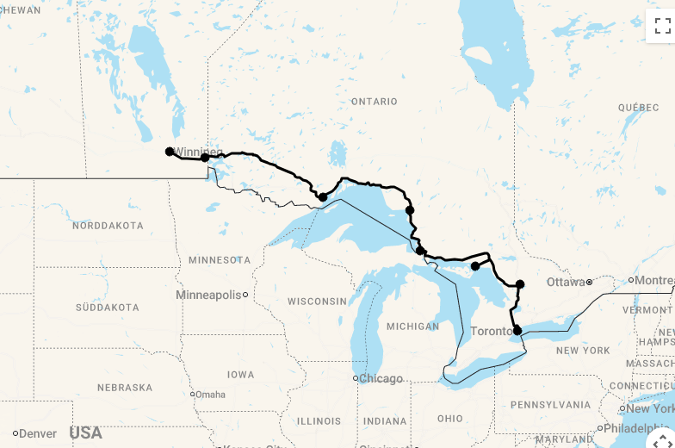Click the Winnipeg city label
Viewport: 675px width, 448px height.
coord(197,152)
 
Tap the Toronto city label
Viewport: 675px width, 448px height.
coord(492,332)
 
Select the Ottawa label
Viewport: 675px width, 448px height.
coord(565,282)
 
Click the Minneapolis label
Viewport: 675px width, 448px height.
coord(208,295)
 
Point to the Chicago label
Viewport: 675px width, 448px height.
coord(380,378)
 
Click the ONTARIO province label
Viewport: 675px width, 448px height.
coord(374,102)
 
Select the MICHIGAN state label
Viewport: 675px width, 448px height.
coord(412,327)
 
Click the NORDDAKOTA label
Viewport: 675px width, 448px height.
coord(108,226)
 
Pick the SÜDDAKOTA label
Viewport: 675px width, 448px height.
coord(107,308)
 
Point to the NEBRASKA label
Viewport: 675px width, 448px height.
coord(125,388)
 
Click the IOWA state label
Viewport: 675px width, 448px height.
coord(240,375)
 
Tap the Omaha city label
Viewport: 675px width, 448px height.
coord(210,395)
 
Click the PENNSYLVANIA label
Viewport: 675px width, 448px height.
coord(551,405)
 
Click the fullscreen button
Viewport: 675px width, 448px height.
coord(661,26)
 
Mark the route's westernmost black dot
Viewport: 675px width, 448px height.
coord(170,152)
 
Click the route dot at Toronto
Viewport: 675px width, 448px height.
coord(517,330)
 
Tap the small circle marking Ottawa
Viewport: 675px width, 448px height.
coord(589,282)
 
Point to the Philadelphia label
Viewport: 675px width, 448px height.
coord(641,428)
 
